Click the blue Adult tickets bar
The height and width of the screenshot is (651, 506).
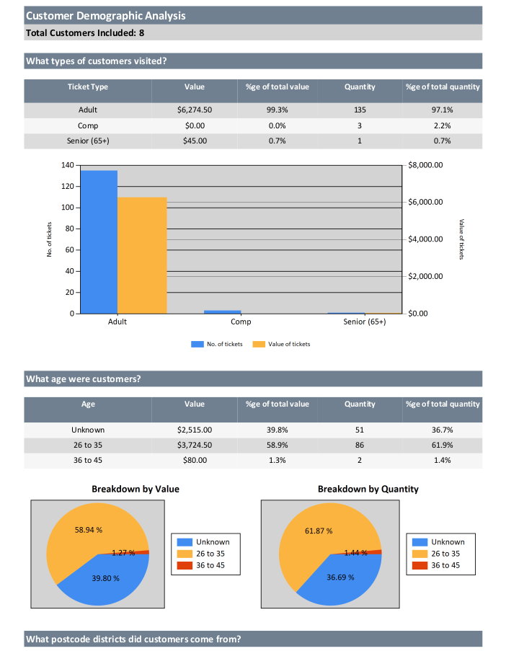99,242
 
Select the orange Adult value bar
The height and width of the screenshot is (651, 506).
142,255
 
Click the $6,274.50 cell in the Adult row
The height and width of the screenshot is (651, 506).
195,110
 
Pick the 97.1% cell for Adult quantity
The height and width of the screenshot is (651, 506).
442,110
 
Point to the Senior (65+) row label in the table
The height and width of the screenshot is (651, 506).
88,141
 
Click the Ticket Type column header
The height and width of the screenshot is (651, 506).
88,87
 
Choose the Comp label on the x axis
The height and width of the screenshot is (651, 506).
241,322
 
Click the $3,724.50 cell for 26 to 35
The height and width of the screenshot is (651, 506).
195,445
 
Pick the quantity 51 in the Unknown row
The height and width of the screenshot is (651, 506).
360,430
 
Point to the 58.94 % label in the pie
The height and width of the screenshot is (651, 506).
89,530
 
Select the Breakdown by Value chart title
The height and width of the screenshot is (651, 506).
136,489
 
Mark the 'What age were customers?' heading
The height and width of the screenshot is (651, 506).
84,379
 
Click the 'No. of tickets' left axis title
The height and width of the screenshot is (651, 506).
50,239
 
